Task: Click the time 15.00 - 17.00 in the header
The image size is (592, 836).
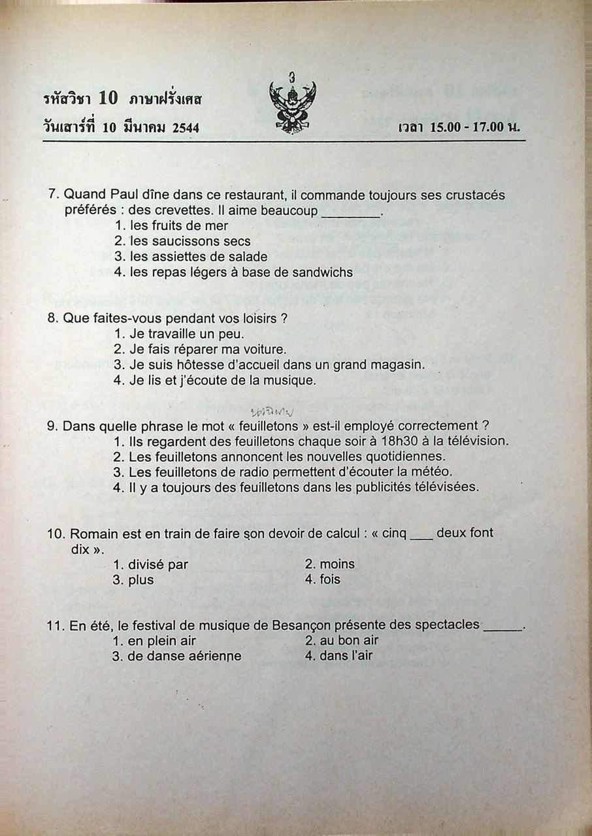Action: tap(468, 127)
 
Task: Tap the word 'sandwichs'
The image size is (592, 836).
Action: tap(323, 272)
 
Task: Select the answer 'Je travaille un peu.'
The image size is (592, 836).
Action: tap(178, 334)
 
